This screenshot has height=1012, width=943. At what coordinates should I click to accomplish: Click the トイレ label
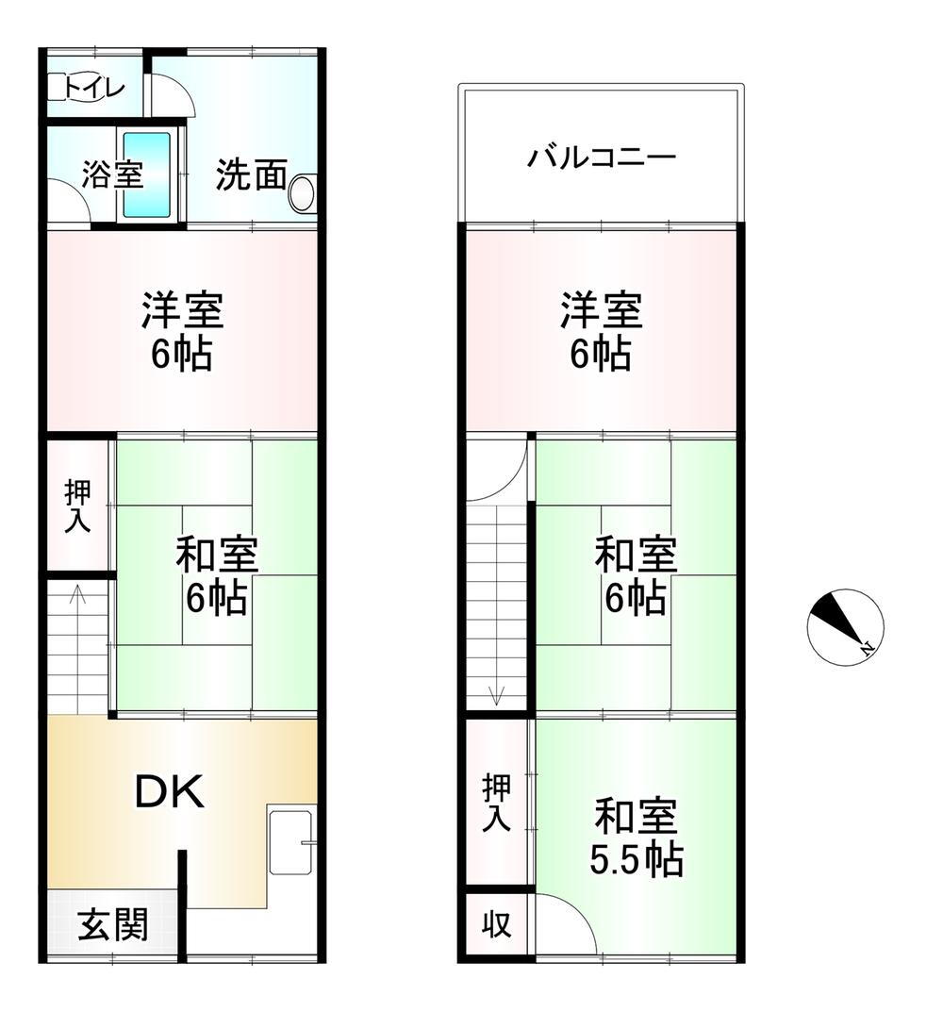[x=94, y=89]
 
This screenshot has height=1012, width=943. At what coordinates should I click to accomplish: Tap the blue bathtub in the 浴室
[x=147, y=174]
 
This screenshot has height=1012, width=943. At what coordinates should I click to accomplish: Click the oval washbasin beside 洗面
[x=302, y=192]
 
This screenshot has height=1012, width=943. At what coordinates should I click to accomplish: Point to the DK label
[x=170, y=793]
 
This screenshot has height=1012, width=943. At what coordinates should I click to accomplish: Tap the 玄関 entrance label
[x=112, y=923]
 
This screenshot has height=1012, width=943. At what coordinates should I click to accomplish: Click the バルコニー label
[x=601, y=156]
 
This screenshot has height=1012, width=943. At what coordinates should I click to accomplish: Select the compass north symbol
[x=845, y=626]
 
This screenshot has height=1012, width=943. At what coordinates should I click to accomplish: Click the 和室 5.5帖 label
[x=637, y=836]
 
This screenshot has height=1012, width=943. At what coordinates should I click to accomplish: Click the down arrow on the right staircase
[x=497, y=697]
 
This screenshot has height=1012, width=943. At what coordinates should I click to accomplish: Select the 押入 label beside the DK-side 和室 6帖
[x=77, y=508]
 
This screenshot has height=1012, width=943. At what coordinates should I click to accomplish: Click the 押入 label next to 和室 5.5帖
[x=497, y=803]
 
